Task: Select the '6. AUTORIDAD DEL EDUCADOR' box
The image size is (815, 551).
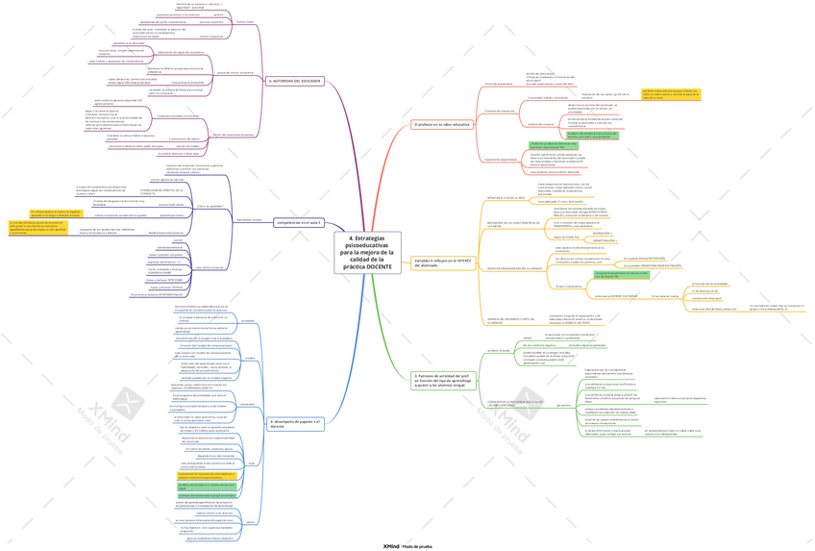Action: [294, 81]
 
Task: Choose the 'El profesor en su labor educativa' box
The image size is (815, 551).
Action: [441, 125]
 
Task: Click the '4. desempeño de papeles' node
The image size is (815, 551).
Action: [297, 423]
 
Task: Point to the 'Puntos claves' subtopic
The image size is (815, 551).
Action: [245, 22]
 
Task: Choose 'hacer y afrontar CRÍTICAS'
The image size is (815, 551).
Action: [164, 288]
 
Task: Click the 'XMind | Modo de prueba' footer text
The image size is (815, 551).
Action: [407, 544]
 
